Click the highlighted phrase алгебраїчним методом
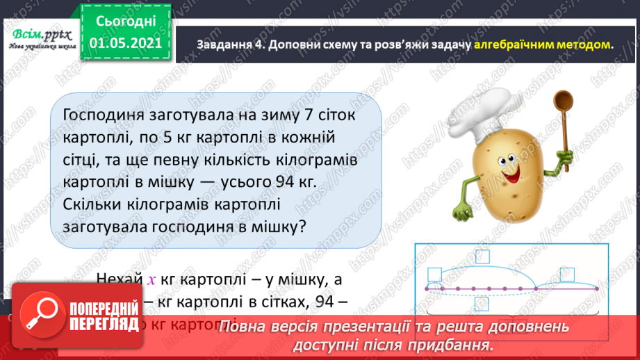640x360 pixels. coord(543,44)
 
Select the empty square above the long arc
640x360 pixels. coord(436,272)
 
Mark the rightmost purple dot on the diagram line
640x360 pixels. coord(596,288)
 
